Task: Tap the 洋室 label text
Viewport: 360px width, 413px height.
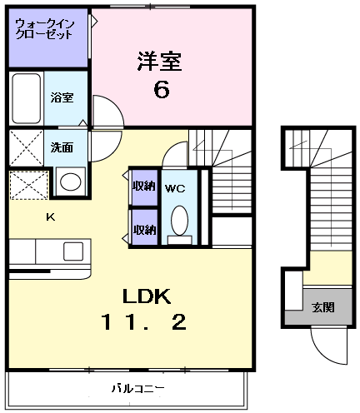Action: (159, 61)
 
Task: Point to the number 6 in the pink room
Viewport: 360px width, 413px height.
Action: (160, 88)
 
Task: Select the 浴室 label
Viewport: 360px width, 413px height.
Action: (62, 97)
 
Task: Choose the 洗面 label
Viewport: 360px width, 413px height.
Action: (62, 147)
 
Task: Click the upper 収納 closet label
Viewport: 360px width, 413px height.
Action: (144, 186)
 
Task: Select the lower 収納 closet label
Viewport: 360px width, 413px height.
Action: (144, 229)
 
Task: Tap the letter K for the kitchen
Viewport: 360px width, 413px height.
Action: (49, 217)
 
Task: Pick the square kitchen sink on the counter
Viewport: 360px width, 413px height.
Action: (73, 251)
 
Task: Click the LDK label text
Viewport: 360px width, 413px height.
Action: (147, 296)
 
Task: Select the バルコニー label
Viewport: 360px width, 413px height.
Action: (137, 388)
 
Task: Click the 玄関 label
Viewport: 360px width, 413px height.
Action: (323, 307)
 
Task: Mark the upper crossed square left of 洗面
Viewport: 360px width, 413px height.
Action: (25, 148)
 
